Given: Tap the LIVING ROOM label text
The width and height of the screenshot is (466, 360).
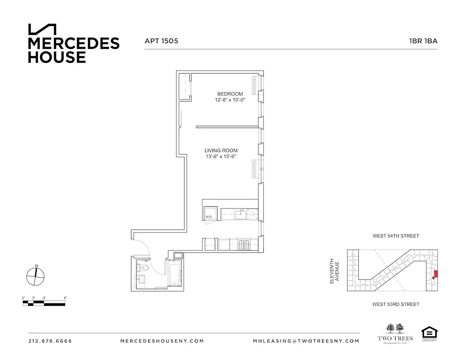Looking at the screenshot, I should pos(221,150).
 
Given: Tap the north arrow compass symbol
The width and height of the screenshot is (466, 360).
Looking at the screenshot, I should pos(36,275).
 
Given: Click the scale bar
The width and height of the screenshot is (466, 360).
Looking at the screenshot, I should pos(44,302).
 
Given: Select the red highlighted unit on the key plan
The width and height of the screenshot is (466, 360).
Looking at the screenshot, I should pos(434,275).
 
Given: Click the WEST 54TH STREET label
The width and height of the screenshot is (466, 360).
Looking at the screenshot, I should pos(395,236).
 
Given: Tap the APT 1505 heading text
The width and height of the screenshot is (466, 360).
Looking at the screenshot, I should pos(161,41).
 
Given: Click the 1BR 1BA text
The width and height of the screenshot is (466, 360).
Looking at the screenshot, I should pos(423,41).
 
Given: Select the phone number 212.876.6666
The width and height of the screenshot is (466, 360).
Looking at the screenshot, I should pos(50,341).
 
